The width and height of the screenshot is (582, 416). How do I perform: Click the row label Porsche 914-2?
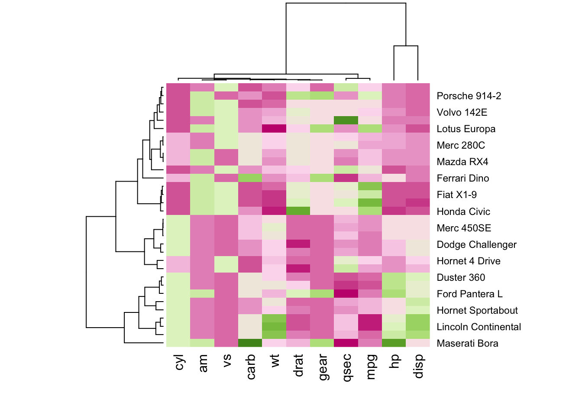pyautogui.click(x=469, y=96)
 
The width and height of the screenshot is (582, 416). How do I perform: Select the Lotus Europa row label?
pyautogui.click(x=466, y=129)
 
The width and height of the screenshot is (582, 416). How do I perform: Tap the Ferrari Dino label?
pyautogui.click(x=462, y=178)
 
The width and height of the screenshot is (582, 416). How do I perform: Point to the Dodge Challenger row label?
pyautogui.click(x=476, y=244)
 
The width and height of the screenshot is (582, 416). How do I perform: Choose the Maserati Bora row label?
pyautogui.click(x=467, y=343)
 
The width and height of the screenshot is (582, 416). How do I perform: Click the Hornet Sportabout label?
pyautogui.click(x=477, y=310)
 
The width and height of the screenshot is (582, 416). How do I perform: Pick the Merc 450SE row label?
pyautogui.click(x=464, y=228)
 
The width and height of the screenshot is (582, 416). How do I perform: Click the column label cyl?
pyautogui.click(x=179, y=362)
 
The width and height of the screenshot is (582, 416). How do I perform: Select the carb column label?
pyautogui.click(x=250, y=367)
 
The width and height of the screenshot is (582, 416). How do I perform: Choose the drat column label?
pyautogui.click(x=298, y=365)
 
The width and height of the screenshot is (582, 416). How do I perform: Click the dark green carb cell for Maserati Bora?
pyautogui.click(x=250, y=343)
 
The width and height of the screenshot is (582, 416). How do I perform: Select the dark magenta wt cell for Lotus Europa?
pyautogui.click(x=274, y=128)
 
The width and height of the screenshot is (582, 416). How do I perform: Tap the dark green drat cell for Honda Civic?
pyautogui.click(x=298, y=211)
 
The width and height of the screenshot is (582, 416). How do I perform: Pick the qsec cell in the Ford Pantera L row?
pyautogui.click(x=346, y=293)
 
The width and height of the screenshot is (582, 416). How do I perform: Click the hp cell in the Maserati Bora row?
pyautogui.click(x=394, y=343)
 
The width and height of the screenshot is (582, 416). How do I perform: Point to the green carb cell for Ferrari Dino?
pyautogui.click(x=250, y=178)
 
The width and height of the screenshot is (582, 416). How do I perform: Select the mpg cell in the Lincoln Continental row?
pyautogui.click(x=370, y=326)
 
